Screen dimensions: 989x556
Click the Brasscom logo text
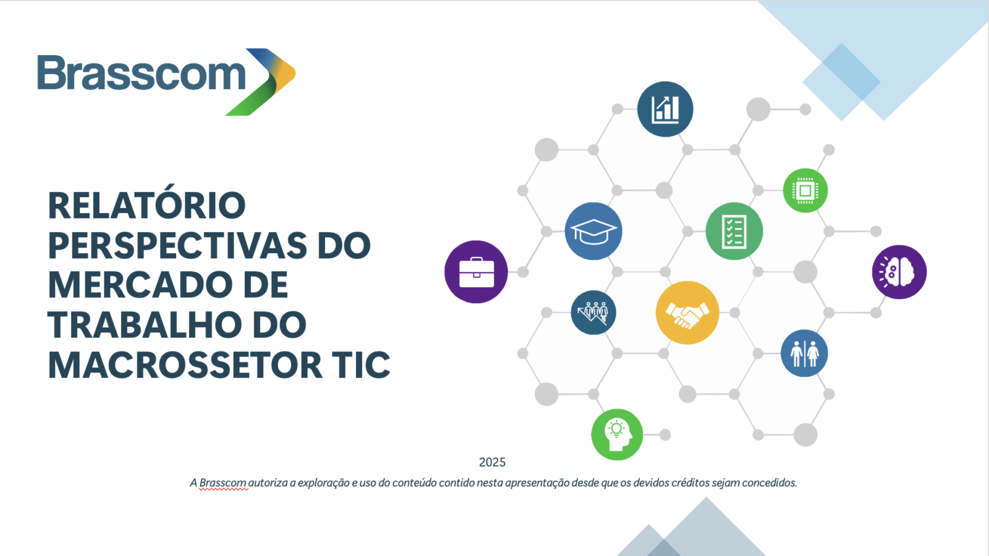(142, 73)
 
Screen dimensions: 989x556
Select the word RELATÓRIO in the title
(146, 206)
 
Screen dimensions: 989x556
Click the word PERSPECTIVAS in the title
(177, 245)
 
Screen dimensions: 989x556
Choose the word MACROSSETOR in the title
(185, 365)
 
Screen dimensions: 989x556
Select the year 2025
(492, 463)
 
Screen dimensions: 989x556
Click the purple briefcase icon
(476, 272)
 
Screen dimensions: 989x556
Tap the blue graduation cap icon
(593, 231)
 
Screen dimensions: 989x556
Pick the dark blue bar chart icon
(665, 109)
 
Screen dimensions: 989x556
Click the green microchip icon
(805, 191)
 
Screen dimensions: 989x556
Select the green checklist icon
(734, 231)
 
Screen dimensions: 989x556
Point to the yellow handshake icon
(687, 313)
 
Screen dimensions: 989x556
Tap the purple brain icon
(899, 272)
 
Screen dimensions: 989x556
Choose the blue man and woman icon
(804, 353)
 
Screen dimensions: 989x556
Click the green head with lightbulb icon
(617, 435)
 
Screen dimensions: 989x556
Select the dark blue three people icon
(593, 313)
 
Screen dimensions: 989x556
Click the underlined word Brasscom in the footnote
(223, 482)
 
